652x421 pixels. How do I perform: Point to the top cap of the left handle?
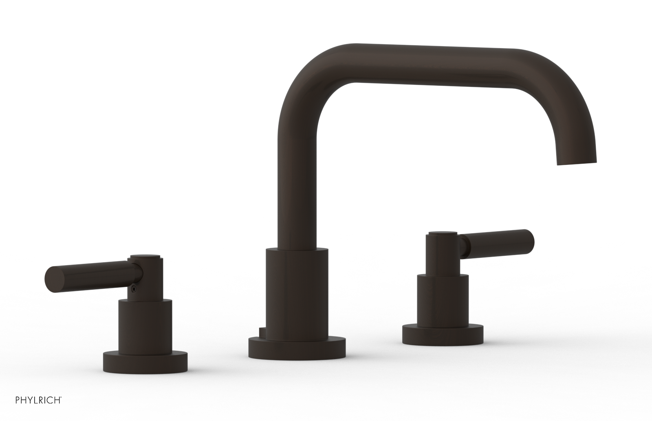click(x=146, y=257)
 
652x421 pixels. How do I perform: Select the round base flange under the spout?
click(x=297, y=347)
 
